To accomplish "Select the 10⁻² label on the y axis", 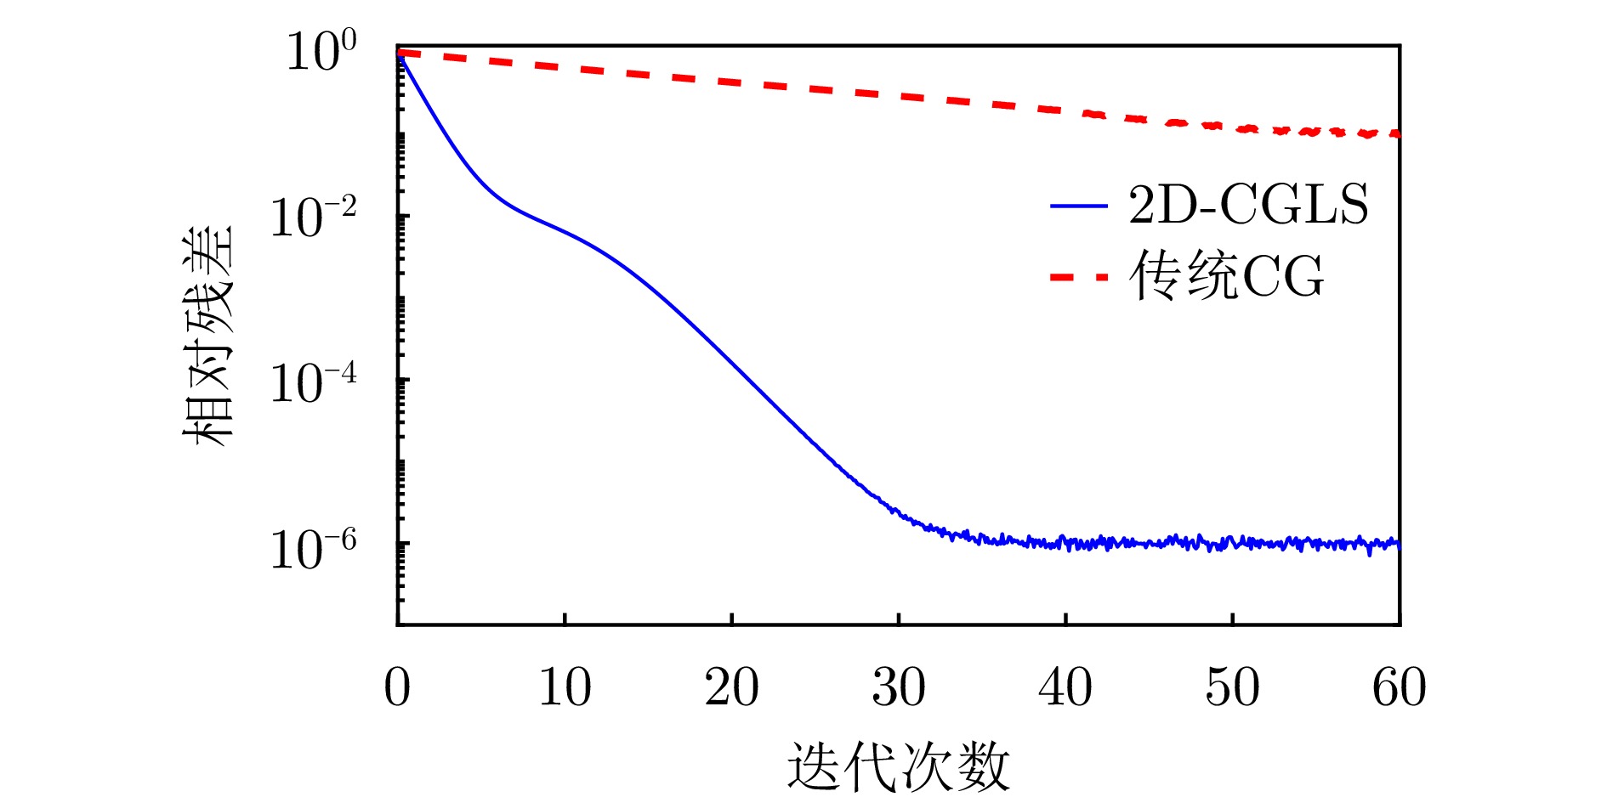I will coord(313,218).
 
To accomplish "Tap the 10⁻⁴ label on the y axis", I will coord(313,383).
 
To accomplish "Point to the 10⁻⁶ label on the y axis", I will coord(313,549).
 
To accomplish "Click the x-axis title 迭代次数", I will coord(898,766).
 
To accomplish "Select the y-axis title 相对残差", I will coord(207,336).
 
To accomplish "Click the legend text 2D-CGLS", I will coord(1248,205).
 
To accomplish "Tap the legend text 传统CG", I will coord(1226,276).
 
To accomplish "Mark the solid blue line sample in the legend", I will coord(1078,206).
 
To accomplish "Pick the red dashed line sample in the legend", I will coord(1078,277).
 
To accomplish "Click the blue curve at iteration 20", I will coord(731,353).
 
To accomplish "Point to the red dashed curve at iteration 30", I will coord(899,96).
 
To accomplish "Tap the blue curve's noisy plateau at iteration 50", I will coord(1232,542).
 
